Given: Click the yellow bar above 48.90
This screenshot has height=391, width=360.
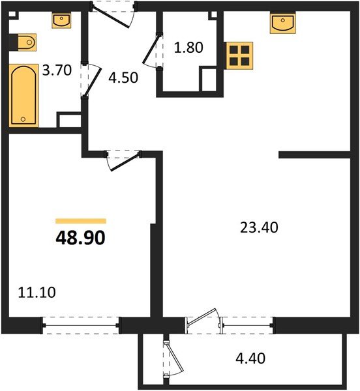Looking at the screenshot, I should (x=81, y=222).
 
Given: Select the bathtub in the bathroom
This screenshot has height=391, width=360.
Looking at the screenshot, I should (x=23, y=94).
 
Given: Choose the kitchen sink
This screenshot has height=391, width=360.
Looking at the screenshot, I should (x=282, y=23).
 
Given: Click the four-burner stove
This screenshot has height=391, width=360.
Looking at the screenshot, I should (x=239, y=55).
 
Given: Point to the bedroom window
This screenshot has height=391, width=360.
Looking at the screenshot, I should (x=81, y=321).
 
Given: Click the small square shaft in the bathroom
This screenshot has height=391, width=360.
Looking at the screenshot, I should (x=68, y=122).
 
